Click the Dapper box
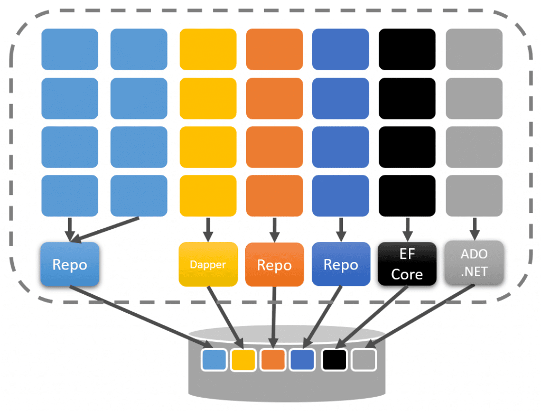[x=208, y=264]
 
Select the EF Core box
[x=407, y=264]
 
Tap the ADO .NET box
[x=474, y=263]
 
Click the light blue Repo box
[x=70, y=264]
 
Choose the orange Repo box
[x=275, y=265]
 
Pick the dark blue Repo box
[x=341, y=264]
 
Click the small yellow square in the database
[x=243, y=360]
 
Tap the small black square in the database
[x=334, y=360]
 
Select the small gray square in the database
[x=363, y=360]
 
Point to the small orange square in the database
[x=273, y=360]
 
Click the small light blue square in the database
[x=214, y=360]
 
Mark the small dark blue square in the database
[x=302, y=360]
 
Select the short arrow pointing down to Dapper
[x=208, y=229]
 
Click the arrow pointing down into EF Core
[x=407, y=229]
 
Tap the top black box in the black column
[x=407, y=49]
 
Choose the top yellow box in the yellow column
[x=208, y=49]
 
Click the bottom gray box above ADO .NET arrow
[x=474, y=195]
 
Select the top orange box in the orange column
[x=275, y=49]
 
